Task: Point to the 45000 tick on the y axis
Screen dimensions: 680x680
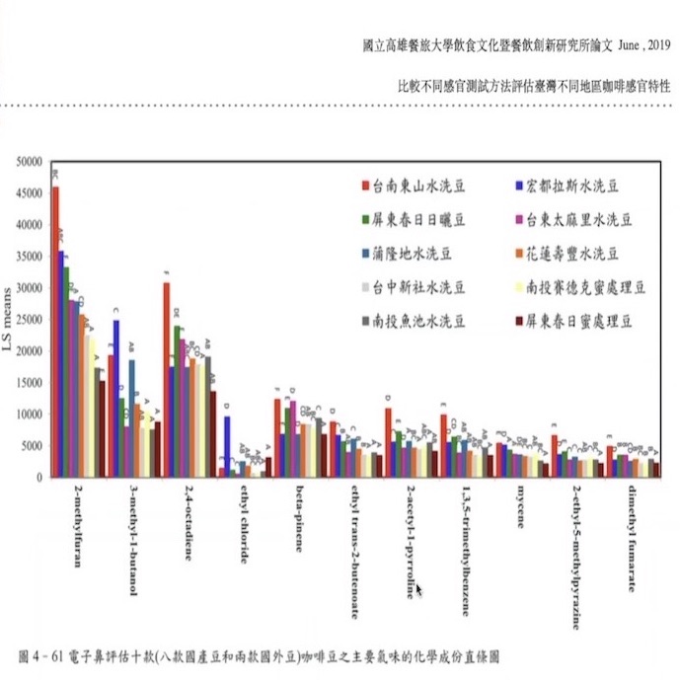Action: pyautogui.click(x=31, y=192)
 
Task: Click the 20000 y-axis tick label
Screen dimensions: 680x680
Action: pyautogui.click(x=31, y=350)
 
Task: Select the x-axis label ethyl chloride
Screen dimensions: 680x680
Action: pyautogui.click(x=244, y=523)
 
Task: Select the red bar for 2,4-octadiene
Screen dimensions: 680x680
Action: pyautogui.click(x=167, y=380)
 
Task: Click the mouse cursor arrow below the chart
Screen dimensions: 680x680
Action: pyautogui.click(x=418, y=589)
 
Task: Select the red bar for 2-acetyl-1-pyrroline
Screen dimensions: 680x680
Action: pyautogui.click(x=389, y=442)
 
